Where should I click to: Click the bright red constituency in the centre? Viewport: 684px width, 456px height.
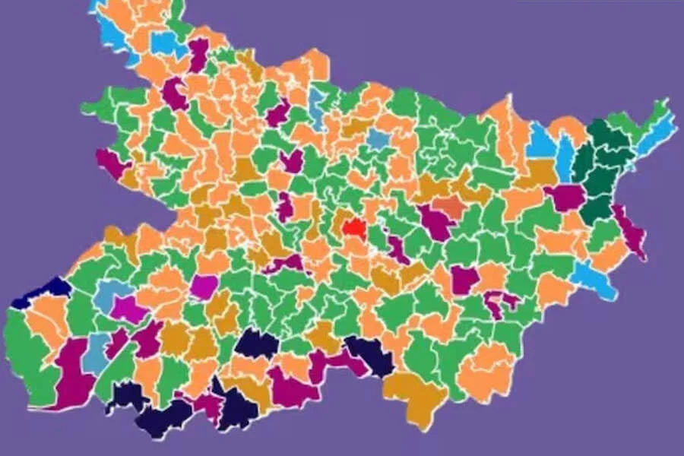(354, 226)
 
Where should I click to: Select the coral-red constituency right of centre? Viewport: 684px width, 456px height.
(448, 206)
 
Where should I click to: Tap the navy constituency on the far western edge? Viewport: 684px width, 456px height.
(46, 290)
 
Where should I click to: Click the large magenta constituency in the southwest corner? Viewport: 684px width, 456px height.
(72, 372)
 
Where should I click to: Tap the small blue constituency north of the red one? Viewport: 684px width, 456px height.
(378, 138)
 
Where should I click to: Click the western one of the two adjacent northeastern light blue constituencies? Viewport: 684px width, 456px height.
(541, 141)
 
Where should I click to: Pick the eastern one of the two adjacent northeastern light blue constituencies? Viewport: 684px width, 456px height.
(565, 157)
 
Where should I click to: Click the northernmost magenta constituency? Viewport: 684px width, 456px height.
(199, 55)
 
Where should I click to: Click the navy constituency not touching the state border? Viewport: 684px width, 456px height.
(257, 344)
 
